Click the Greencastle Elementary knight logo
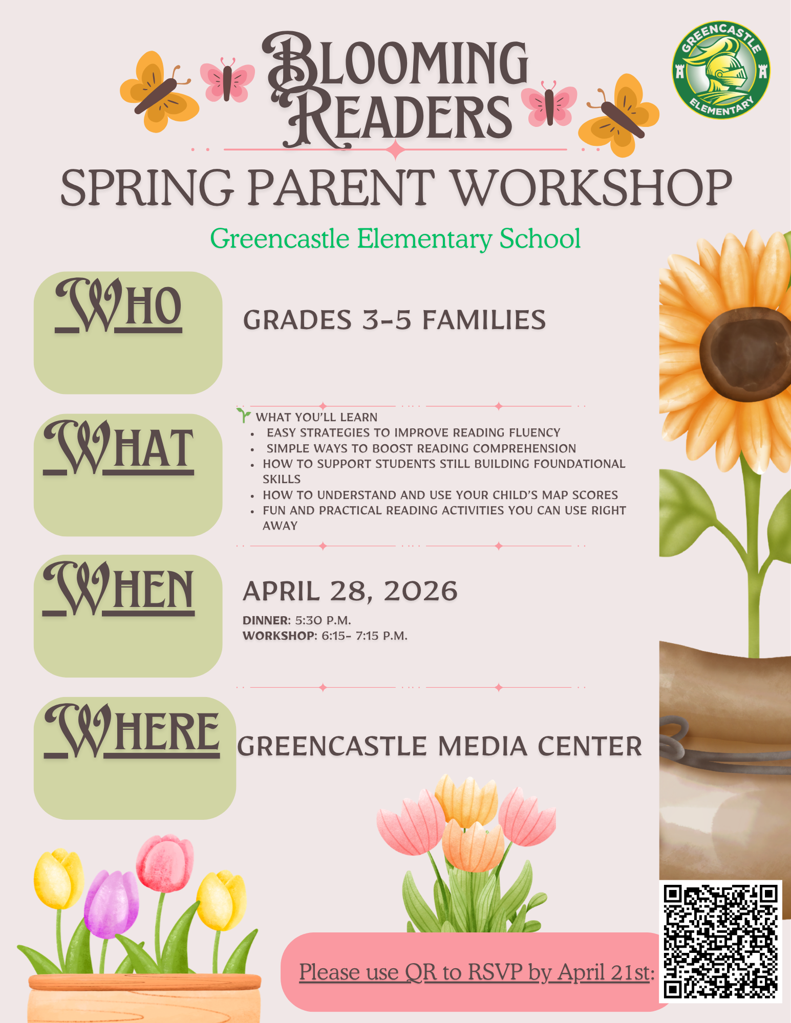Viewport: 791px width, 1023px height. (721, 70)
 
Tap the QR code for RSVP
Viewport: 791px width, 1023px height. (720, 941)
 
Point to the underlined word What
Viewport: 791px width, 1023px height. (119, 448)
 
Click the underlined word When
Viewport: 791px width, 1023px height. (119, 589)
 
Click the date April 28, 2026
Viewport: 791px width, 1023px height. (350, 591)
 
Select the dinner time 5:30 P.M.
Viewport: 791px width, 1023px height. (323, 621)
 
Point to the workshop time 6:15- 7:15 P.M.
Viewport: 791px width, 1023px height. (365, 636)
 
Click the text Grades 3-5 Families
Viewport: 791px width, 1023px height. (394, 320)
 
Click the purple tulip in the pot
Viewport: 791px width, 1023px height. (111, 905)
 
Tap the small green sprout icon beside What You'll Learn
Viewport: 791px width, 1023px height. (244, 416)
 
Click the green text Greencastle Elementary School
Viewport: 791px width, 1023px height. (395, 238)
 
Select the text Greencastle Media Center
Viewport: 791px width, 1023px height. (439, 746)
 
